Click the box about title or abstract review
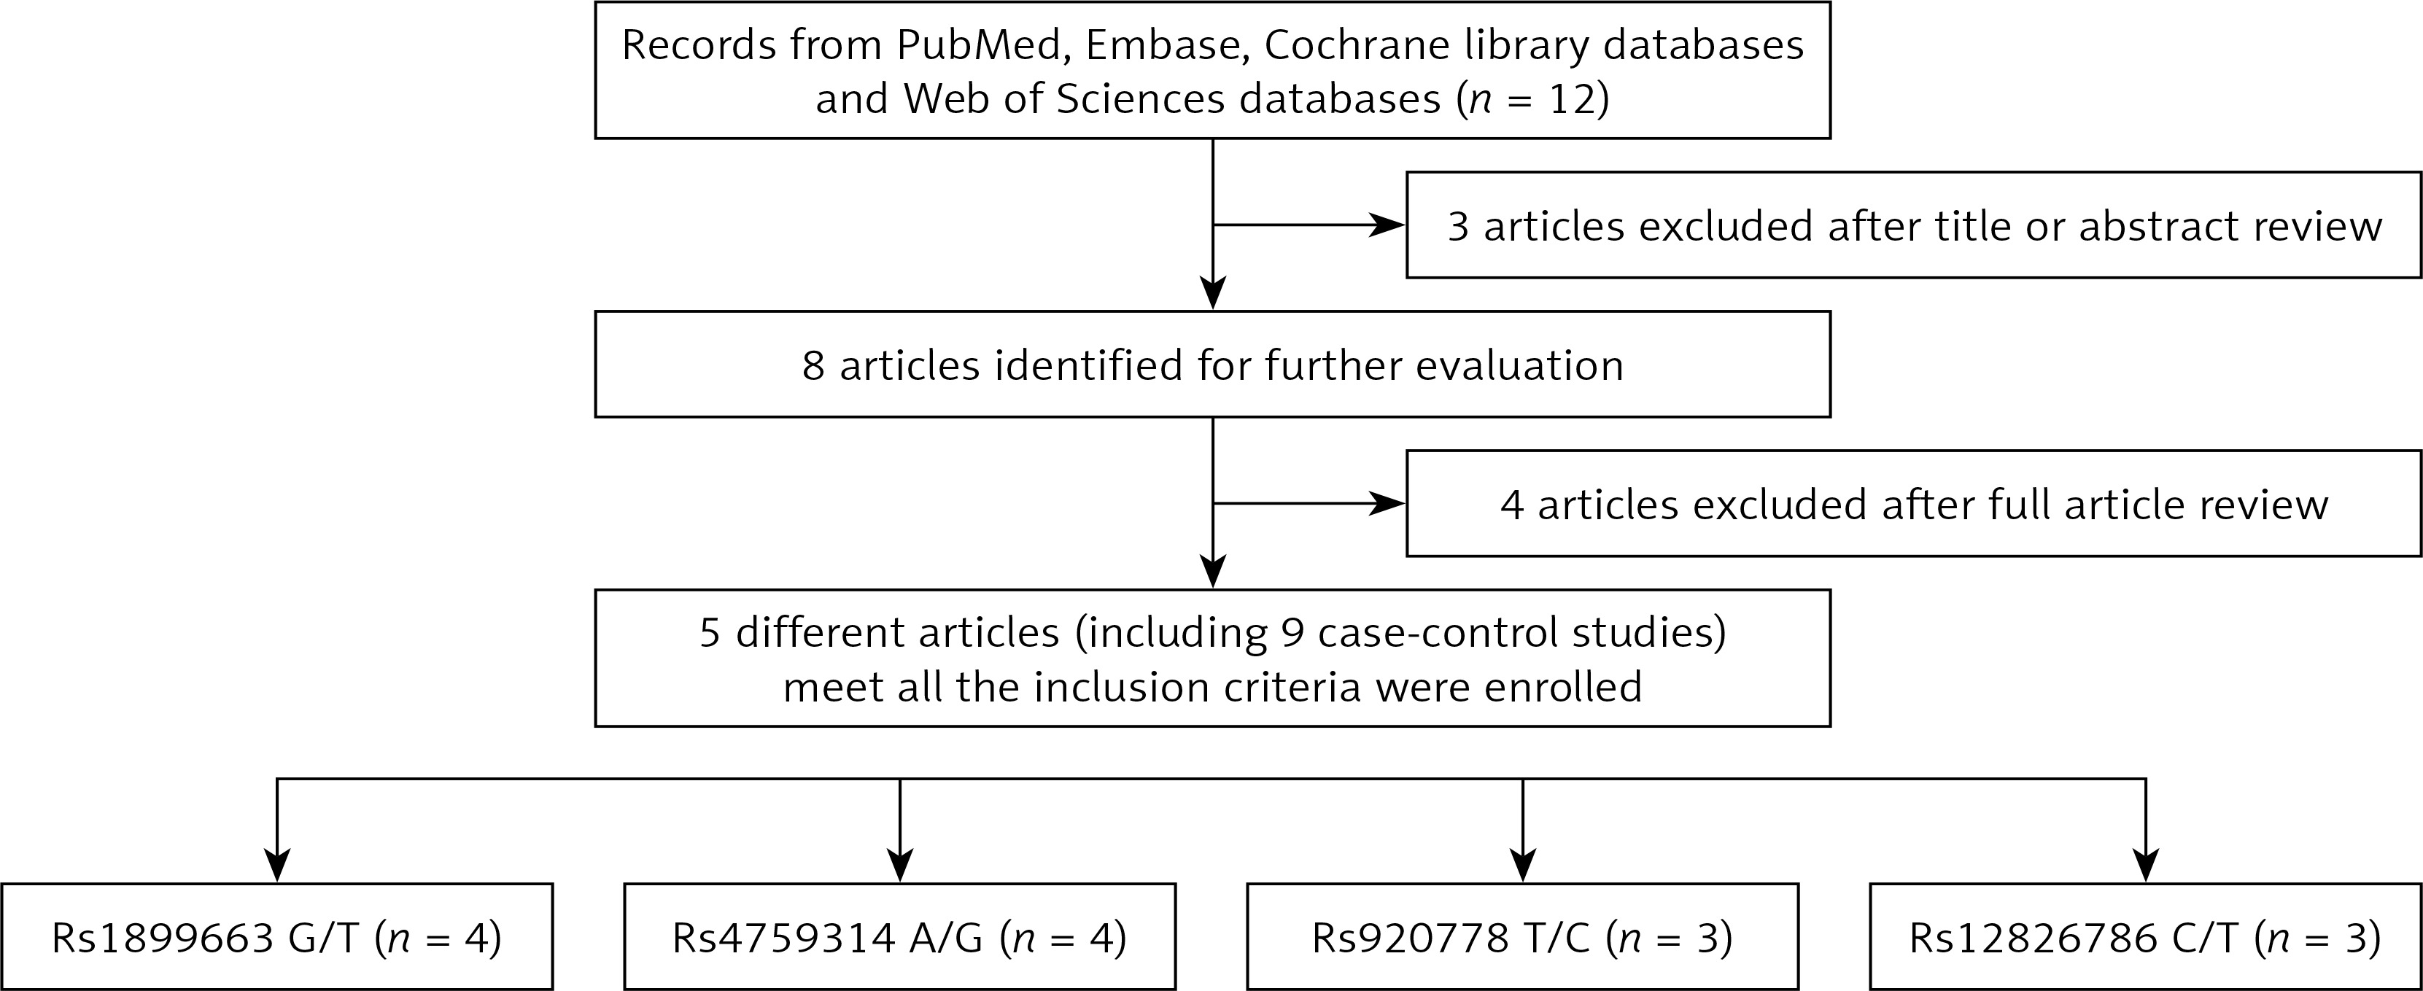coord(1913,225)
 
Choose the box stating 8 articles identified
coord(1212,364)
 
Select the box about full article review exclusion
coord(1913,503)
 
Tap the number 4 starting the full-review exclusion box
coord(1511,505)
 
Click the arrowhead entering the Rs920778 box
coord(1523,865)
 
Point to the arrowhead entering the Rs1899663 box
coord(276,865)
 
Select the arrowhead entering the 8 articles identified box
coord(1214,292)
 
